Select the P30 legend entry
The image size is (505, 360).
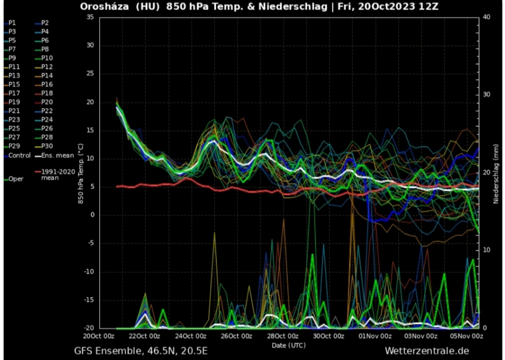click(47, 146)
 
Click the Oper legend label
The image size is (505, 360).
click(16, 179)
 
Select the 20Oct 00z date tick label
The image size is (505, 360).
click(100, 336)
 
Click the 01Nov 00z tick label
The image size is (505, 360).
click(375, 336)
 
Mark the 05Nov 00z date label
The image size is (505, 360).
click(467, 336)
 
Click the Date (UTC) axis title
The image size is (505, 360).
click(289, 345)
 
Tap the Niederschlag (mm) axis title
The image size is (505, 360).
click(496, 173)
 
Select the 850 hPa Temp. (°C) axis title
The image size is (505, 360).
click(80, 173)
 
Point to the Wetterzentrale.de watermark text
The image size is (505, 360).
click(428, 351)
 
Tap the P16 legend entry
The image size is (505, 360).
click(47, 84)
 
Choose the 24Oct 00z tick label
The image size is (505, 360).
click(191, 336)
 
